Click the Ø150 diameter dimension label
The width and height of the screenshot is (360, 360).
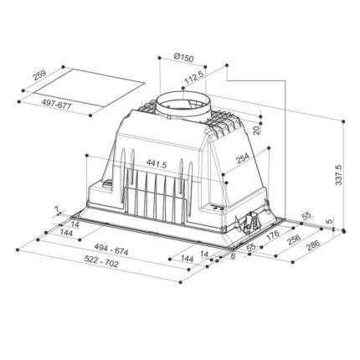tap(183, 58)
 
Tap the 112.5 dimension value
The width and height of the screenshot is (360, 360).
tap(195, 77)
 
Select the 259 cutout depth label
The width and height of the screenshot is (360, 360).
tap(39, 75)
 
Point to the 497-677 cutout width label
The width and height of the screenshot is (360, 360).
tap(56, 105)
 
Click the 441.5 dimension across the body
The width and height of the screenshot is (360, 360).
tap(157, 164)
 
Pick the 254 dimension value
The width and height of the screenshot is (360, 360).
tap(242, 158)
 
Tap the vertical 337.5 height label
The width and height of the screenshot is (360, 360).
tap(338, 175)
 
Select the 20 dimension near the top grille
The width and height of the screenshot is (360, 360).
tap(256, 130)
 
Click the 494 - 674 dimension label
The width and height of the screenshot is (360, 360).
tap(111, 249)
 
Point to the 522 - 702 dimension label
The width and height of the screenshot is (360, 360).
tap(101, 262)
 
